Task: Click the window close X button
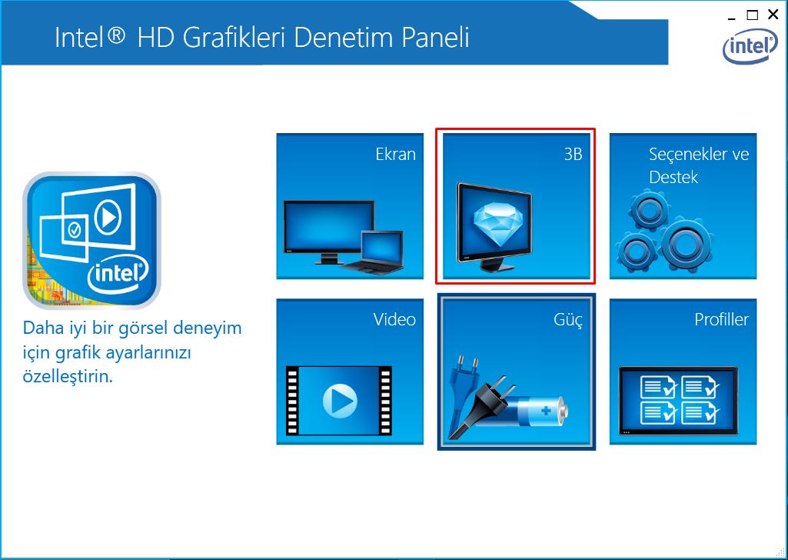click(x=773, y=15)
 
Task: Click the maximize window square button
click(x=753, y=15)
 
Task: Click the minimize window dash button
click(x=731, y=19)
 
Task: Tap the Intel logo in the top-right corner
click(x=750, y=46)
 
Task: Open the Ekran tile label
click(x=395, y=154)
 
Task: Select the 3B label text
click(x=573, y=154)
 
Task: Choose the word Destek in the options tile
click(x=673, y=177)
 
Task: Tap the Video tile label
click(x=394, y=319)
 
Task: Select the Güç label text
click(x=568, y=320)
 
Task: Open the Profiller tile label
click(x=722, y=319)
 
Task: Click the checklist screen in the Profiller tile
click(x=678, y=401)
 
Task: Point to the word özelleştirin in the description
click(x=68, y=376)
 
